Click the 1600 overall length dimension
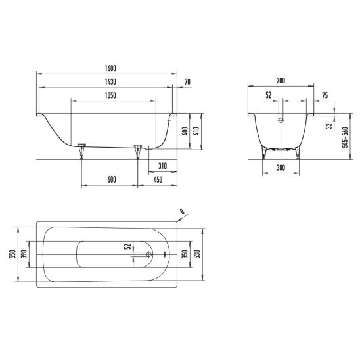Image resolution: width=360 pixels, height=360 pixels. click(110, 68)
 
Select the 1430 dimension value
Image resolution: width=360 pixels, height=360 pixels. click(110, 82)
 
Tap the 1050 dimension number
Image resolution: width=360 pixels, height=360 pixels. click(110, 95)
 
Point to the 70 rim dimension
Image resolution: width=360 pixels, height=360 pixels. click(188, 82)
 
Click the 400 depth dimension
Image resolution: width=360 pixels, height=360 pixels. click(185, 131)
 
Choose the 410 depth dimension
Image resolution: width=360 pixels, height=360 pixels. click(197, 131)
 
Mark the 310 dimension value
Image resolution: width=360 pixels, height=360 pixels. click(162, 166)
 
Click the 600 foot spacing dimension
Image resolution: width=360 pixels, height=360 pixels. click(112, 179)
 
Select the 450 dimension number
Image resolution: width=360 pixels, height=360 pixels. click(158, 179)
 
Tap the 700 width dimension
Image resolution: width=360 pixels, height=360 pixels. click(281, 81)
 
